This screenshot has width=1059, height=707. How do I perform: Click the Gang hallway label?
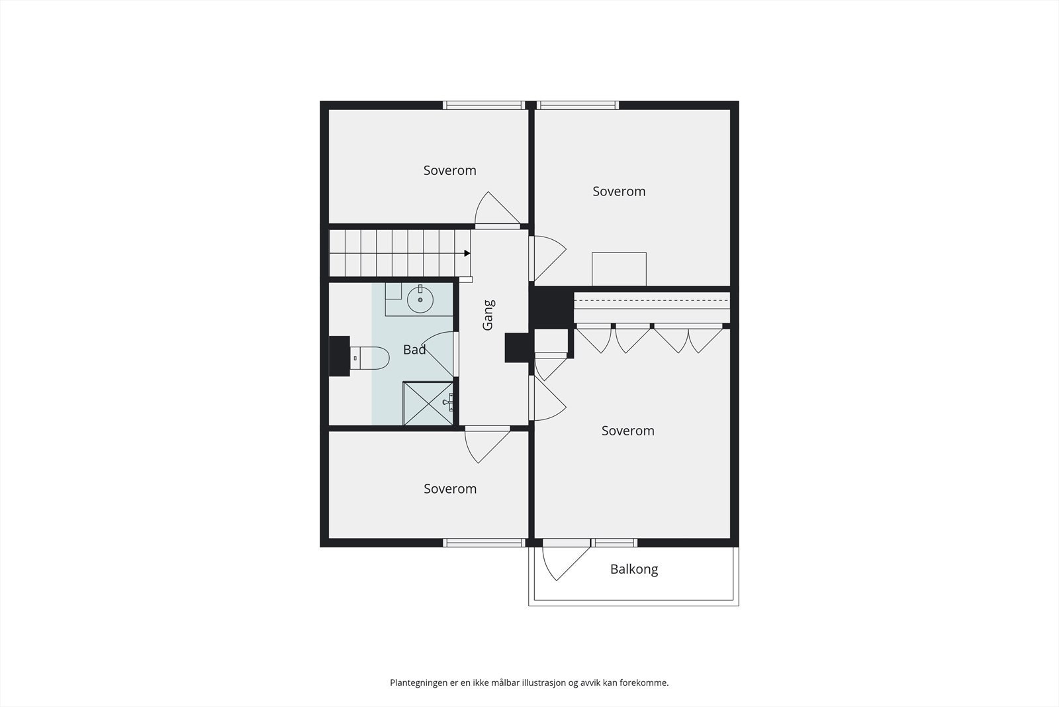click(x=488, y=315)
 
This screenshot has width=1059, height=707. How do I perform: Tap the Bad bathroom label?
click(x=414, y=350)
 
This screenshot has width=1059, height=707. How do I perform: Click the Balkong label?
click(x=634, y=569)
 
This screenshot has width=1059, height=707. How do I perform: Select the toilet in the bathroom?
click(x=368, y=358)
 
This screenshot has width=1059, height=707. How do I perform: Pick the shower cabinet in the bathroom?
click(x=428, y=403)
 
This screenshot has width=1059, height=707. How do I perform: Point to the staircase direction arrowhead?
click(x=467, y=253)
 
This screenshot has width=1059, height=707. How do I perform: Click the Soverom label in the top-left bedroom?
click(x=449, y=171)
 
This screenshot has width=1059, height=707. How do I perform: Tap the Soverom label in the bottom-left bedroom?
click(x=450, y=489)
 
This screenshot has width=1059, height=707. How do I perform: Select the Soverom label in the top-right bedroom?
click(x=619, y=191)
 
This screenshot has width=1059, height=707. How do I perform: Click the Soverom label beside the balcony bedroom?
click(x=627, y=431)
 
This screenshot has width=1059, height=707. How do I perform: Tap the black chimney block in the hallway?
click(x=516, y=348)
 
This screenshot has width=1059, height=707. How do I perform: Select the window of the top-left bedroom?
click(x=484, y=105)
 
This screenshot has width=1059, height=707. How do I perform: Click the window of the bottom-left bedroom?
click(x=484, y=543)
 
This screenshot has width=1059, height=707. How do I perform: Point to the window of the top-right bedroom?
click(x=578, y=105)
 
